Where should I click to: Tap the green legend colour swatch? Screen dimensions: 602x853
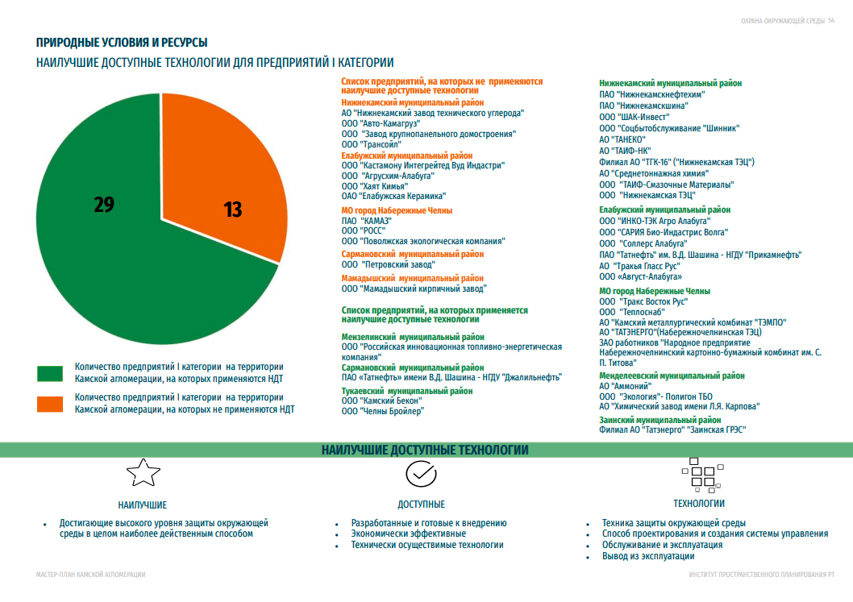click(50, 372)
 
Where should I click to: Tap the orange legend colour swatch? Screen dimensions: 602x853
click(50, 403)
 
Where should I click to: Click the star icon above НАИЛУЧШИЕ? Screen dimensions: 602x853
click(142, 473)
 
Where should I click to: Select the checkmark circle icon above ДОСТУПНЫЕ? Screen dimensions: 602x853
click(420, 474)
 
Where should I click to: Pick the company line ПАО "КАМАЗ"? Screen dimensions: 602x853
click(366, 220)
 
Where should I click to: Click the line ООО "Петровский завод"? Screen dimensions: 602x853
click(388, 264)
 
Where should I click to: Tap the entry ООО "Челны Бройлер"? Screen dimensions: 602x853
click(382, 411)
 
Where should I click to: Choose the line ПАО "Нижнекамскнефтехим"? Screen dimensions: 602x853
click(652, 94)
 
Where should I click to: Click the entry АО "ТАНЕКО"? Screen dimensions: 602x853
click(622, 139)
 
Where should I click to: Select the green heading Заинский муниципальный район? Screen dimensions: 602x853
click(660, 420)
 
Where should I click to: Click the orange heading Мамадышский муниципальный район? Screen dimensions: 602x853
click(412, 278)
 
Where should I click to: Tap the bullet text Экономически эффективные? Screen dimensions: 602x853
click(408, 533)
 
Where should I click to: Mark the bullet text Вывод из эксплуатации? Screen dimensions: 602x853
click(648, 556)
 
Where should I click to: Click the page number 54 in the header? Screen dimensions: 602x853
click(831, 21)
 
